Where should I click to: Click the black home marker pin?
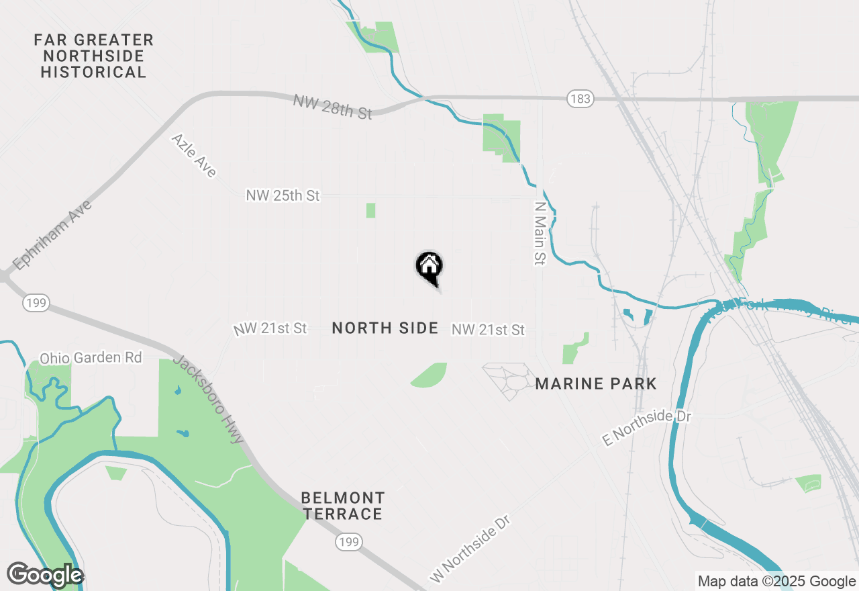[x=429, y=267]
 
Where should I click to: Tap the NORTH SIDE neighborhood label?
[x=385, y=328]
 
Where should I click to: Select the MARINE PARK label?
[x=596, y=383]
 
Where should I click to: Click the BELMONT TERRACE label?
[x=342, y=506]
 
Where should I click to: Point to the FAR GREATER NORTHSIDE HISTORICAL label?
[x=94, y=56]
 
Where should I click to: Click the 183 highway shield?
[x=580, y=99]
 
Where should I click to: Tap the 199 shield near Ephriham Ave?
[x=36, y=303]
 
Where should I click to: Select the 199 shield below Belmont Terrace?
[x=350, y=541]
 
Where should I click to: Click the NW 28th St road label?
[x=332, y=106]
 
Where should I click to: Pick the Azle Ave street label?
[x=194, y=155]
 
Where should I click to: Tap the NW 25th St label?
[x=283, y=195]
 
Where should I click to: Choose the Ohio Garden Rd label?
[x=91, y=357]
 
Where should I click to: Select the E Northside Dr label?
[x=646, y=427]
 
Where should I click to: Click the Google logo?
[x=45, y=575]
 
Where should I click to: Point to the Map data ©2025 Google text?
[x=776, y=582]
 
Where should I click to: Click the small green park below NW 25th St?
[x=370, y=210]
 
